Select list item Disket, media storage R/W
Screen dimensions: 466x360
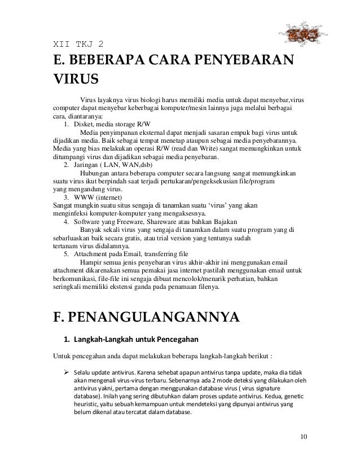tap(113, 124)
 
